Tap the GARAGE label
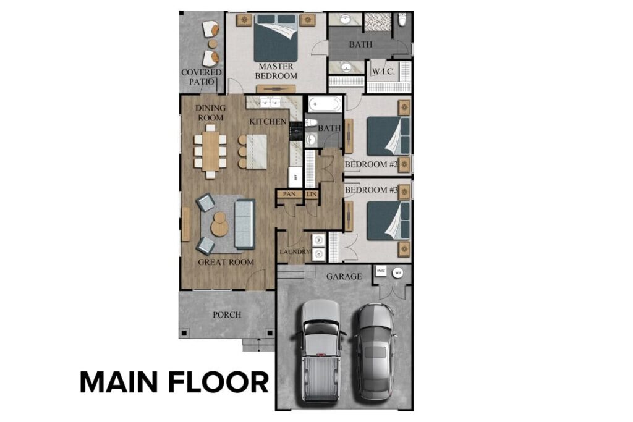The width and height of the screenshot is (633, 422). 344,277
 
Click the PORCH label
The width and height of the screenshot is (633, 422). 227,314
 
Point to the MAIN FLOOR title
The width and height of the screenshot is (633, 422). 174,382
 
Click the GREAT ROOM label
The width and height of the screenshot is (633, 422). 226,262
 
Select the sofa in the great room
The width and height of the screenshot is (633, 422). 244,223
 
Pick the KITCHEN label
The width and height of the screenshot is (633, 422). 268,122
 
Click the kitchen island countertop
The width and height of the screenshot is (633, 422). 257,151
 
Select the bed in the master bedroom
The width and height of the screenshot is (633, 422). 276,38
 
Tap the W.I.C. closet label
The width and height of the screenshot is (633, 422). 383,72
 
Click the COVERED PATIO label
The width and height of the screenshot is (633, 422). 202,77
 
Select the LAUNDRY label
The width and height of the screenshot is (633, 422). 294,252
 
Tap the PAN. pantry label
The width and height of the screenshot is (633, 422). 288,194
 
